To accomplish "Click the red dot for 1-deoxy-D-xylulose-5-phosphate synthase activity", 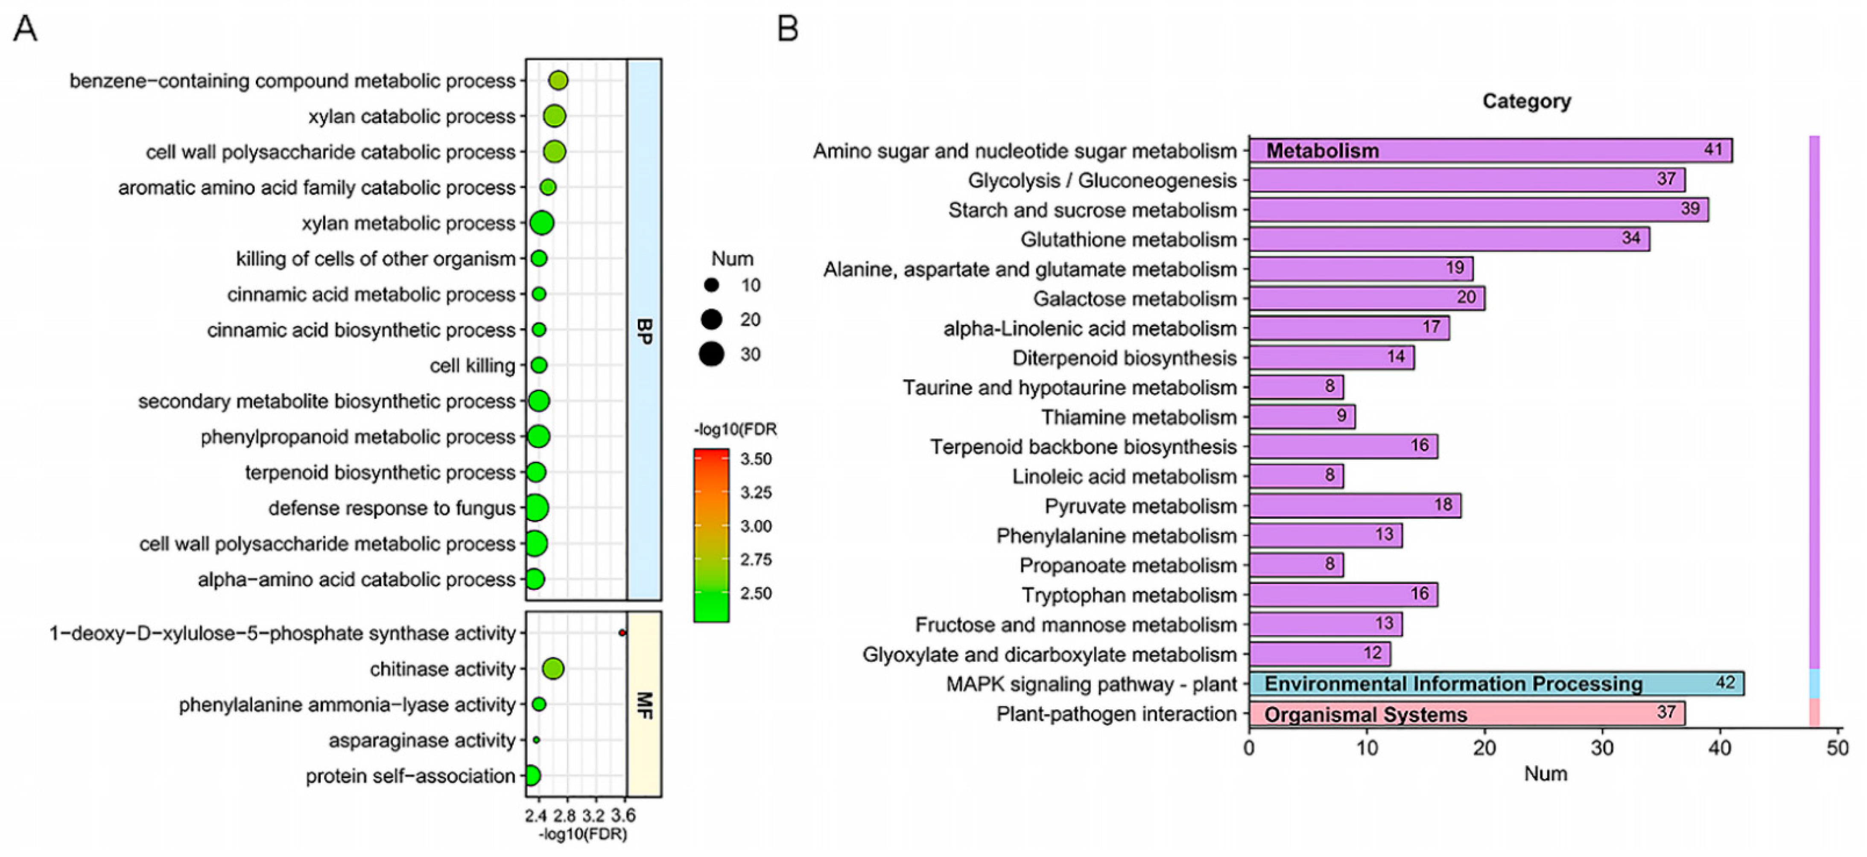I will [x=622, y=633].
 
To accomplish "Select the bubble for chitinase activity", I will [x=553, y=669].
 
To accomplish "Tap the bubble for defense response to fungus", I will [x=536, y=508].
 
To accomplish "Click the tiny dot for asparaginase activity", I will [x=536, y=740].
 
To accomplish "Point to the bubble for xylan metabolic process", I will [x=541, y=223].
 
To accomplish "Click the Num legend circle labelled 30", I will [x=712, y=354].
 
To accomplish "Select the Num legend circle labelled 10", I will [x=712, y=286].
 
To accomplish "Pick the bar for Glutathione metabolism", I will [x=1449, y=239].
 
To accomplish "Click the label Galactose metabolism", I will [x=1134, y=298].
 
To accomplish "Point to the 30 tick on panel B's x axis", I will [x=1602, y=748].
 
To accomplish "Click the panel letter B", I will [x=788, y=29].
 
